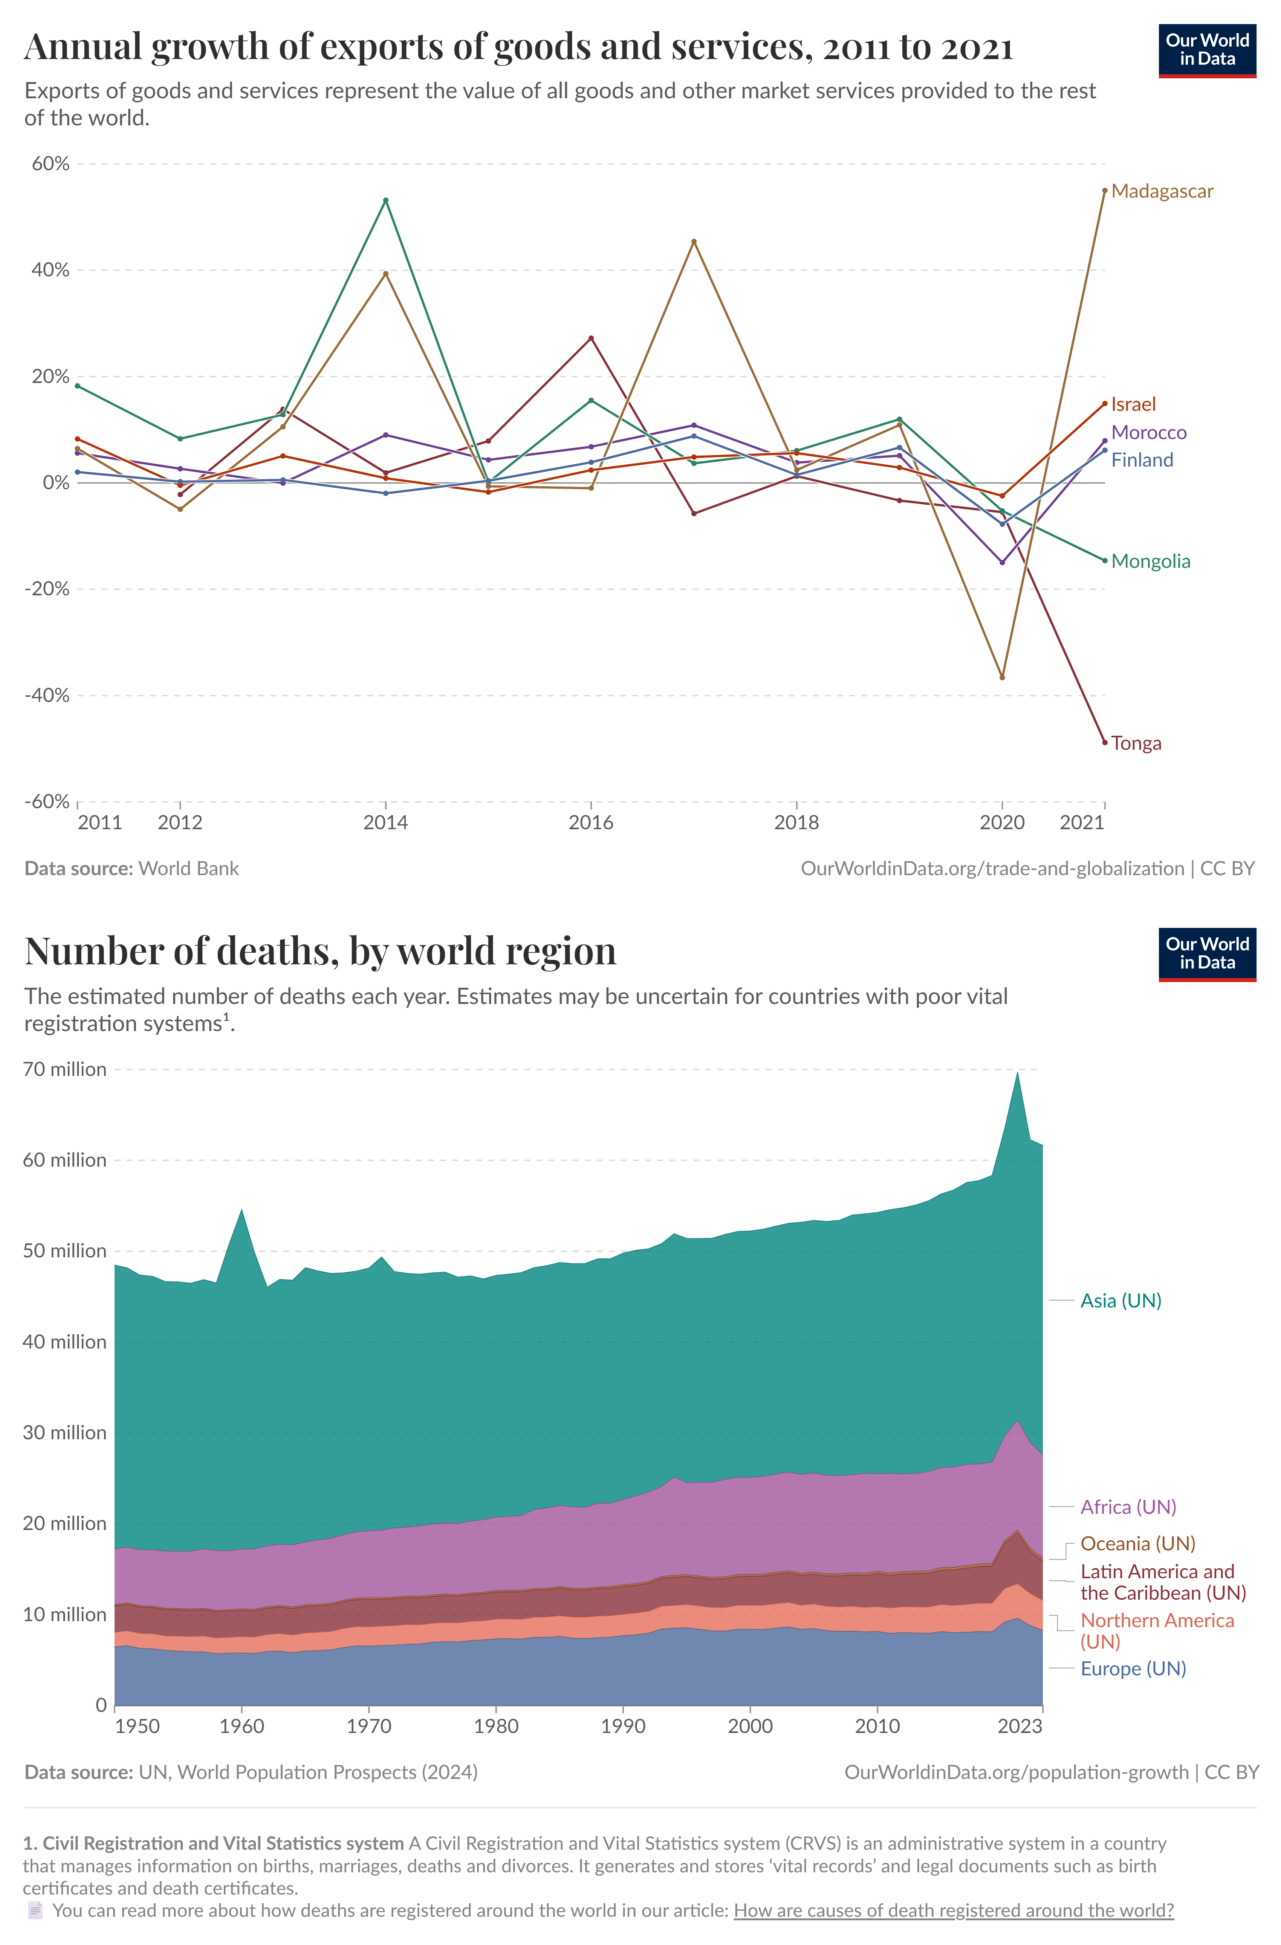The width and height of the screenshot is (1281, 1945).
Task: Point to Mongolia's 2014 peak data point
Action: [x=386, y=200]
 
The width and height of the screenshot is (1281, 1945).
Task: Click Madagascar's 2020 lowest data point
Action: [x=1002, y=677]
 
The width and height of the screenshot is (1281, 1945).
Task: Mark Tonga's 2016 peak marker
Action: [x=591, y=338]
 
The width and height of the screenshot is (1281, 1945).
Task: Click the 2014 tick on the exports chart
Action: [x=386, y=822]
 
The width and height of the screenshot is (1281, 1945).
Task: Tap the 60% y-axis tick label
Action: [x=51, y=163]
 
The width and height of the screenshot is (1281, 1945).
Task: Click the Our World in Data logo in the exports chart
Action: [x=1207, y=51]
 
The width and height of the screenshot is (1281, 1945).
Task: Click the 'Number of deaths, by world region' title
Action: [x=321, y=951]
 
